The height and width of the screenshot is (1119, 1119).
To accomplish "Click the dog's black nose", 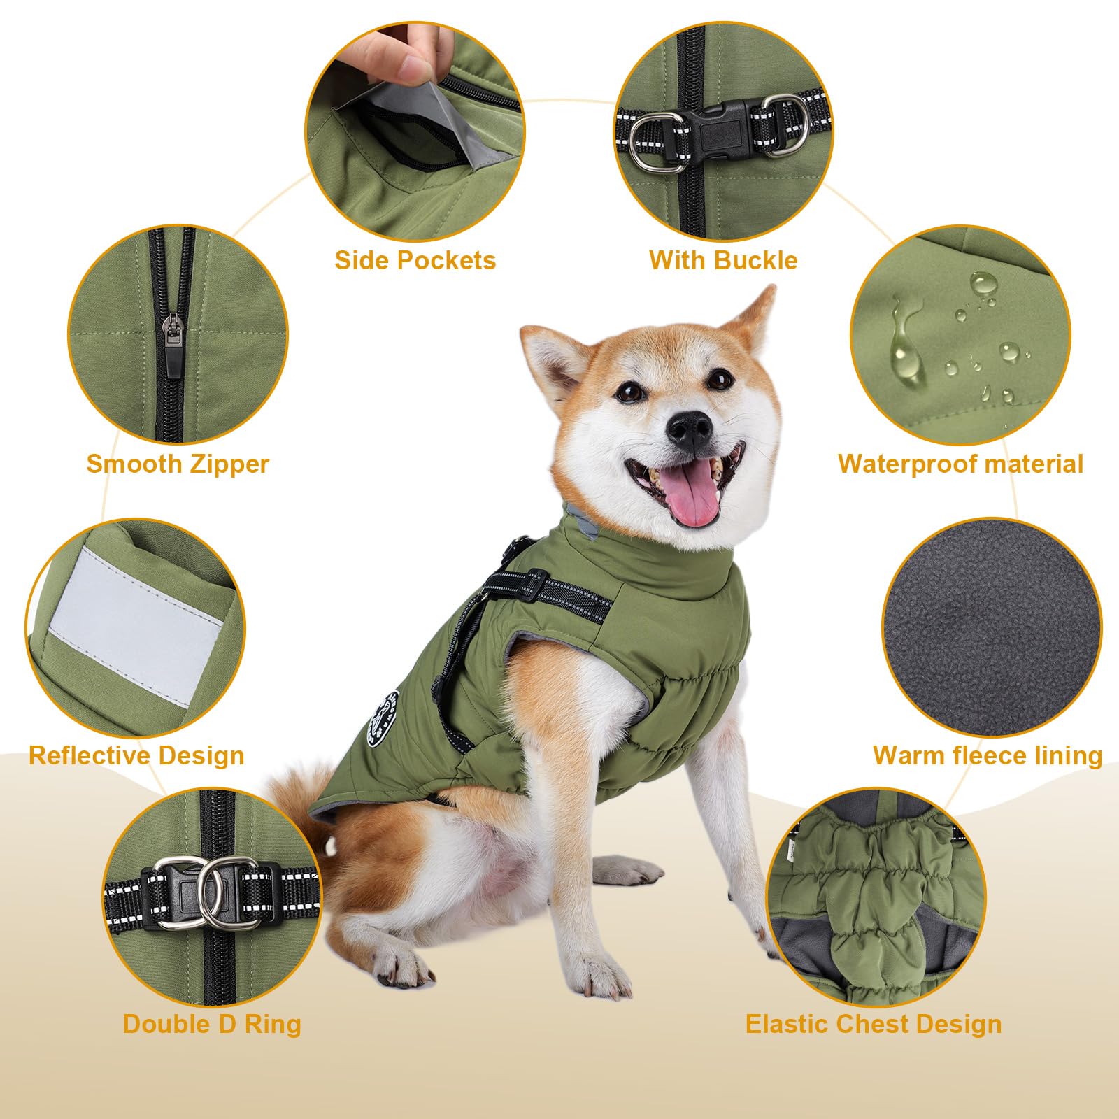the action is pyautogui.click(x=690, y=427).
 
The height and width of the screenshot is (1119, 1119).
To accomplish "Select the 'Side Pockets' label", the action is pyautogui.click(x=415, y=260).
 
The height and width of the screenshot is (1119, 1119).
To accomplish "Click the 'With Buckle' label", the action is pyautogui.click(x=723, y=260).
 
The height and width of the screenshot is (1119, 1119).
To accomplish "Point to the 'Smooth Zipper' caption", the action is pyautogui.click(x=178, y=464).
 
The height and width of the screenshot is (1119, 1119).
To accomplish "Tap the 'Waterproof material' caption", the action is pyautogui.click(x=961, y=464).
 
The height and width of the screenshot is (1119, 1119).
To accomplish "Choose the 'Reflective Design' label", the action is pyautogui.click(x=136, y=755).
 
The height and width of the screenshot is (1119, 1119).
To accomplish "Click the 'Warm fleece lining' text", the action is pyautogui.click(x=988, y=755).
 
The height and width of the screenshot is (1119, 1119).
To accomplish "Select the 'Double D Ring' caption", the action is pyautogui.click(x=212, y=1024).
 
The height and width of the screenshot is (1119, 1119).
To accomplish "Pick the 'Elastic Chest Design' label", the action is pyautogui.click(x=874, y=1024).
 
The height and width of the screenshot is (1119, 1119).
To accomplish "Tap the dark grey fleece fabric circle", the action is pyautogui.click(x=992, y=627).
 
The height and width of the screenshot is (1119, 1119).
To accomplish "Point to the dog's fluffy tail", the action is pyautogui.click(x=302, y=797).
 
